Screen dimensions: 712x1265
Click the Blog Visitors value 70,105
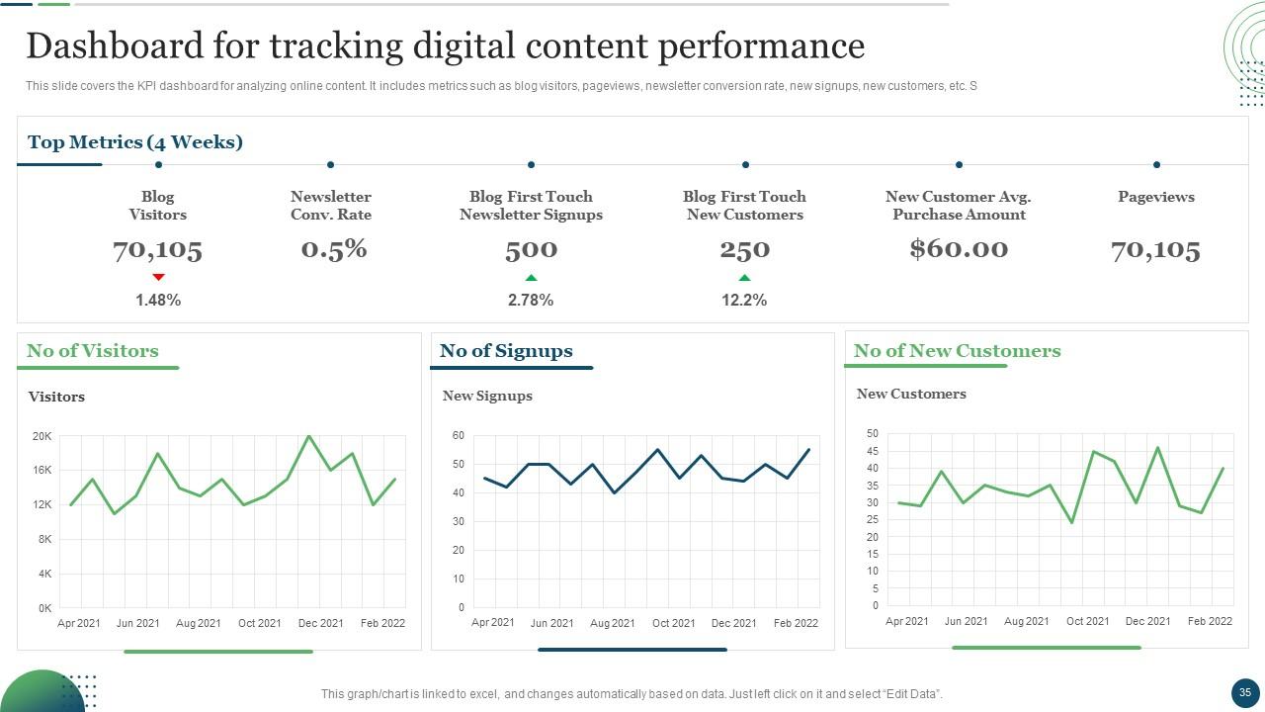pos(157,249)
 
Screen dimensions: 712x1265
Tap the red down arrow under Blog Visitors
pos(158,277)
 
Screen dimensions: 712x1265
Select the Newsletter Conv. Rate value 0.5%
pos(334,249)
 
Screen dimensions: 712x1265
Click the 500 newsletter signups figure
pos(531,250)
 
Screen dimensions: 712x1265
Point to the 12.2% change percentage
pos(744,300)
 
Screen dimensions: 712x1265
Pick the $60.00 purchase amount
pos(959,249)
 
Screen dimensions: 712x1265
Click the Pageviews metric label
pos(1155,197)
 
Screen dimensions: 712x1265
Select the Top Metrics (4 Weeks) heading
pos(135,142)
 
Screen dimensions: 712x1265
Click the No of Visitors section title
pos(93,351)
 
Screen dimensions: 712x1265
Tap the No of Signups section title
pos(506,351)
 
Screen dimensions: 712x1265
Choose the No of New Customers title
pos(957,351)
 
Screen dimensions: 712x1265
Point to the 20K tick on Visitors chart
pos(42,436)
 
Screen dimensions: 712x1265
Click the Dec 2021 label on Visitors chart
pos(321,623)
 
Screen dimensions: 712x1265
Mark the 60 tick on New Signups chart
pos(459,435)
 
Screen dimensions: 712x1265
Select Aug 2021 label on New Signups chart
pos(613,623)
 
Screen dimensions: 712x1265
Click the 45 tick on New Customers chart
pos(872,451)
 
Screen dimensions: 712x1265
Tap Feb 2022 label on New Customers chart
pos(1210,621)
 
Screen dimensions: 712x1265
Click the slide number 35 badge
pos(1244,692)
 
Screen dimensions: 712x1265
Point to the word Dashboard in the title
pos(130,46)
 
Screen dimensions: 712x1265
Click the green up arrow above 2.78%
pos(531,278)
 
